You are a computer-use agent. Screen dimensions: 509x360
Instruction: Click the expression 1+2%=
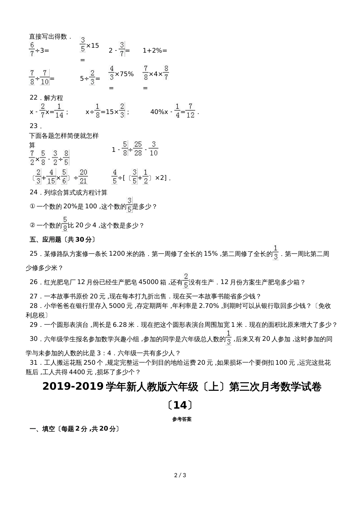tap(155, 50)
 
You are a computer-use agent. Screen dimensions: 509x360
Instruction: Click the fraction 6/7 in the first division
tap(32, 50)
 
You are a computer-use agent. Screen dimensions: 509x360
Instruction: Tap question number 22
tap(33, 98)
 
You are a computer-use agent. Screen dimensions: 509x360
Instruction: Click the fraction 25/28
tap(138, 148)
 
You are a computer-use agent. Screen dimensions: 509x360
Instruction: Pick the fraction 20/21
tap(83, 176)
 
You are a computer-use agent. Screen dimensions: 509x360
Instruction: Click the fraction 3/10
tap(153, 148)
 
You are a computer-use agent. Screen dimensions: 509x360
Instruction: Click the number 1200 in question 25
tap(117, 254)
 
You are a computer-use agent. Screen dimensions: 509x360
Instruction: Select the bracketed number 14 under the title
tap(180, 405)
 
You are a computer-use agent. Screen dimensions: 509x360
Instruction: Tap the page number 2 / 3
tap(180, 475)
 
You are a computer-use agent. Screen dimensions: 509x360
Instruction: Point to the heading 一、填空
tap(42, 429)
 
